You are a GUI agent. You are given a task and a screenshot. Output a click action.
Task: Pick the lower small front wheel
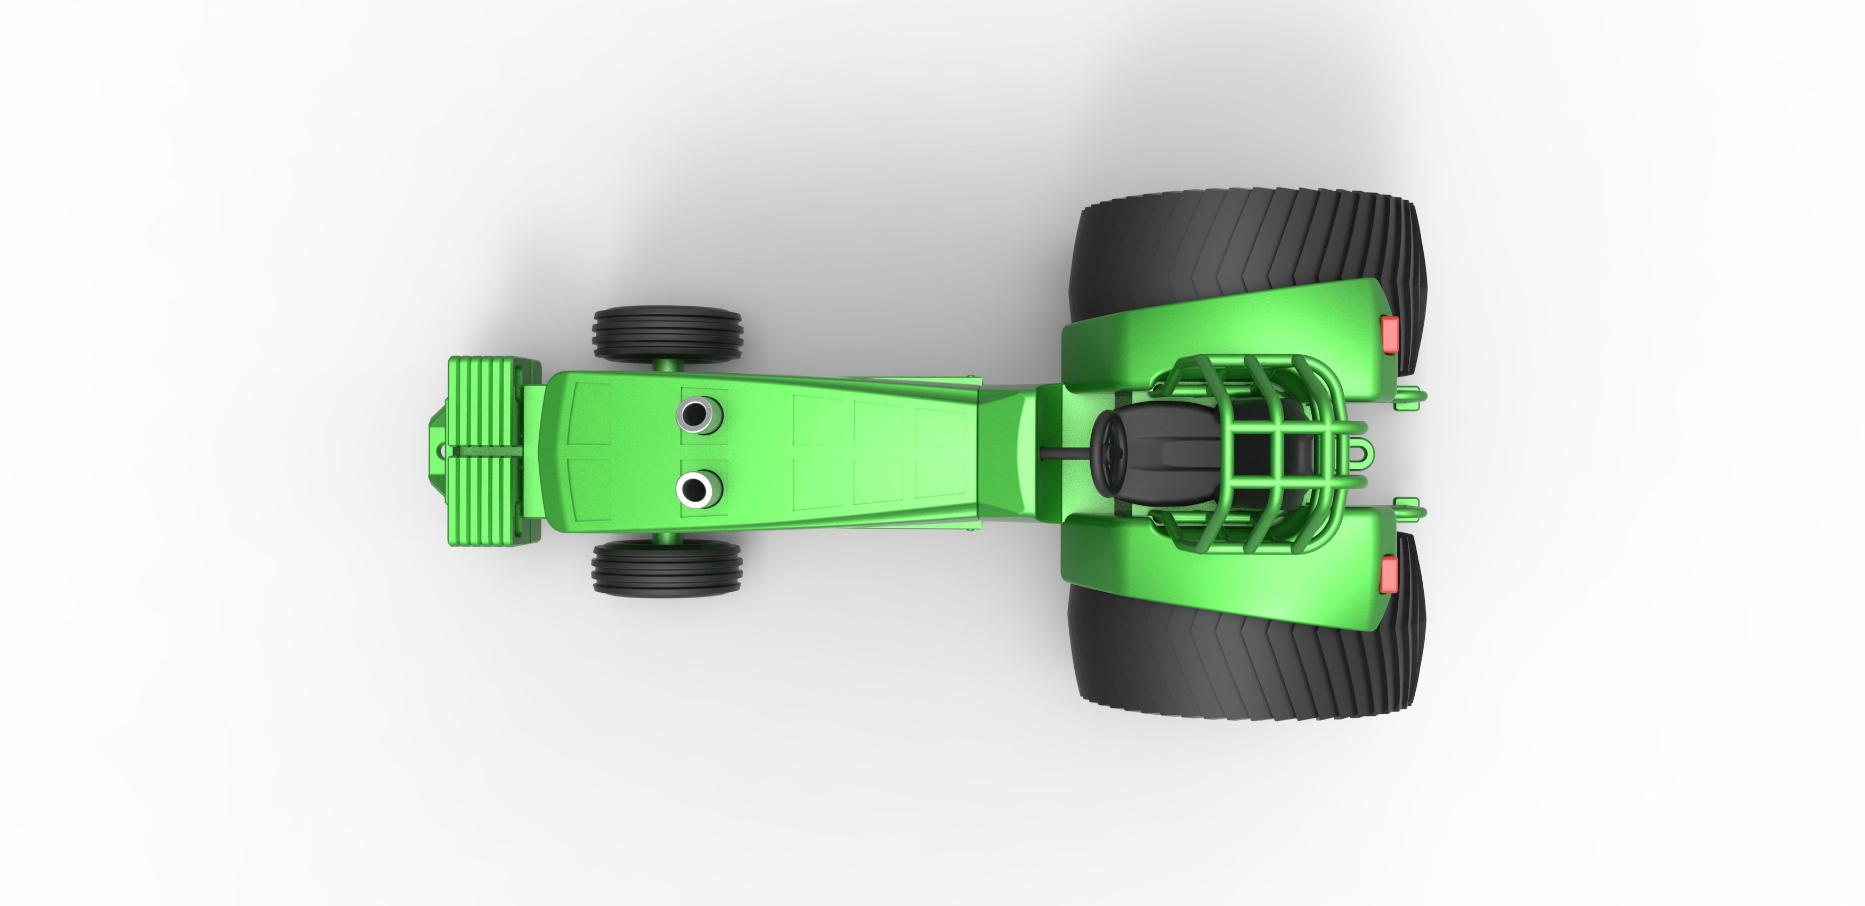tap(667, 568)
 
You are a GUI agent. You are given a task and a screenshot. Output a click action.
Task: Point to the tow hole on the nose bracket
tap(440, 450)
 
